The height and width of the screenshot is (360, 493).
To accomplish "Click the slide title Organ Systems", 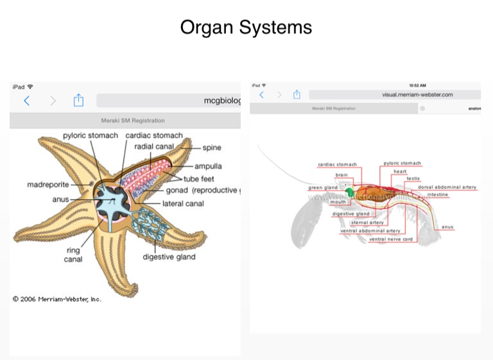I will click(246, 28).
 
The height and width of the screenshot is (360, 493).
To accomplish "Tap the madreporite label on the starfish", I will click(48, 185).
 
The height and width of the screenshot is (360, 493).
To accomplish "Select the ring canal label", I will click(73, 255).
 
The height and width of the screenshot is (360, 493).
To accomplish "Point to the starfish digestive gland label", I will click(169, 257).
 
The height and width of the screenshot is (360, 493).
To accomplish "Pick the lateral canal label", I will click(183, 204).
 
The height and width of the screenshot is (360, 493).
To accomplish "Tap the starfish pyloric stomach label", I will click(91, 135).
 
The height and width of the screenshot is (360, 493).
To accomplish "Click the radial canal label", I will click(154, 147).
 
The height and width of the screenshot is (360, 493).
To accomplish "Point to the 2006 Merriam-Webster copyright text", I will click(57, 299).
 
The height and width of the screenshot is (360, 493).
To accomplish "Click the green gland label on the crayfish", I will click(322, 188).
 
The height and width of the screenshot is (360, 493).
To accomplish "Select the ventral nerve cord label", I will click(390, 239).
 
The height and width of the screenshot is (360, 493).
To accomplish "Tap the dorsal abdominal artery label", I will click(447, 187).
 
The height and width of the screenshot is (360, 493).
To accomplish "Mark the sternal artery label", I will click(367, 223).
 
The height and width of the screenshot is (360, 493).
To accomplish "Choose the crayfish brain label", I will click(342, 175).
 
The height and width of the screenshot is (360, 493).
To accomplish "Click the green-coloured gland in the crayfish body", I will click(350, 192).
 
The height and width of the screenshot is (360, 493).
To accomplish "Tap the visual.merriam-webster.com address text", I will click(417, 94).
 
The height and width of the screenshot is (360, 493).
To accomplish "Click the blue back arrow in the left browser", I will click(26, 101).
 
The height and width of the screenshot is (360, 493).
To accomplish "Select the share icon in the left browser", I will click(78, 101).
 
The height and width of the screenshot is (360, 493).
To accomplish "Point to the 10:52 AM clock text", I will click(417, 85).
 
